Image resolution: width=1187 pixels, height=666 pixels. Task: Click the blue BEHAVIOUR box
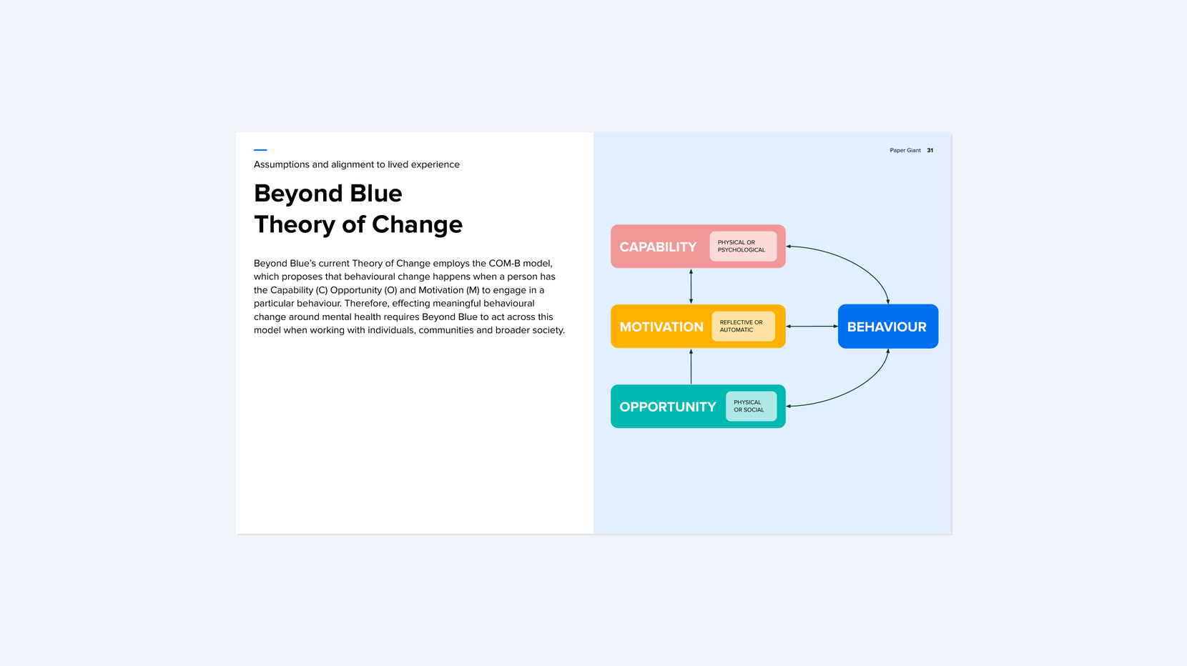[x=887, y=327]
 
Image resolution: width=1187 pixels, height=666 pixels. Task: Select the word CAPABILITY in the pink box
[x=658, y=247]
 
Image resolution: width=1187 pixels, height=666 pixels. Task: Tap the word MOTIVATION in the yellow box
[x=661, y=327]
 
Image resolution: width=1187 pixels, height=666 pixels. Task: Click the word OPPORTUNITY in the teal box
[x=667, y=407]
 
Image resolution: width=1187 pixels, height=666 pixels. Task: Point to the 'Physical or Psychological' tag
[x=742, y=247]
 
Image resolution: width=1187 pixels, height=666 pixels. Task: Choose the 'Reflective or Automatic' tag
[x=742, y=327]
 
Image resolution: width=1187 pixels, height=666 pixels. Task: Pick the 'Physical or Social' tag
[x=750, y=407]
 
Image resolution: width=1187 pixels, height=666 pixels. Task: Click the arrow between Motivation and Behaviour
[x=812, y=327]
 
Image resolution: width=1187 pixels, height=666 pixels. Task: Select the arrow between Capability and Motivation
[x=691, y=287]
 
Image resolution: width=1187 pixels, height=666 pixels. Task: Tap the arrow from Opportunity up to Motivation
[x=691, y=367]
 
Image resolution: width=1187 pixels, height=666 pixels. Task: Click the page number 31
[x=930, y=151]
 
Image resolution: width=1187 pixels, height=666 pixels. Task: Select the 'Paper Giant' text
[x=905, y=151]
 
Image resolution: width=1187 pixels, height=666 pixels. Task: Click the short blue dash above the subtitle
[x=260, y=150]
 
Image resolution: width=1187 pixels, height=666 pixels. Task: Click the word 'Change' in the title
[x=417, y=224]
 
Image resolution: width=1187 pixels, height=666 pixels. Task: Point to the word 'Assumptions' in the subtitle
[x=281, y=164]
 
